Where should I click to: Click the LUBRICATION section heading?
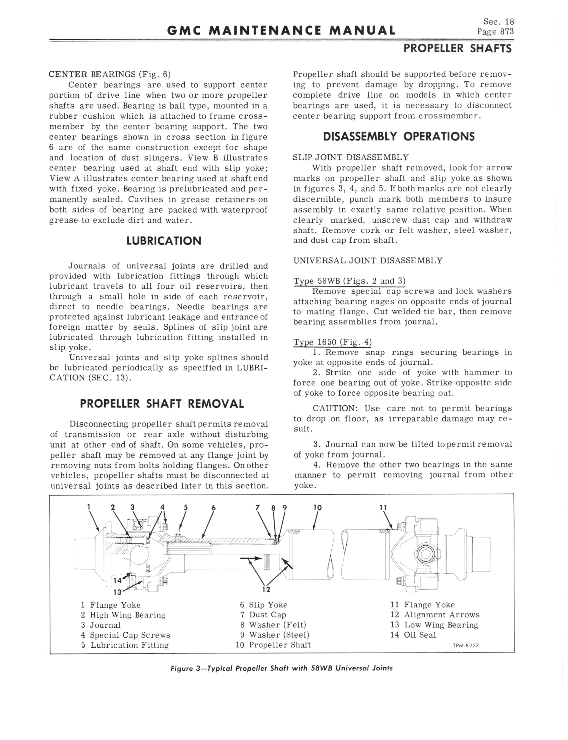(163, 241)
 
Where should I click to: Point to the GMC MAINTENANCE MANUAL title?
(281, 31)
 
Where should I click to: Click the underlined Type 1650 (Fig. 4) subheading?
(332, 342)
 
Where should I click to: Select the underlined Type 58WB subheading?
(349, 281)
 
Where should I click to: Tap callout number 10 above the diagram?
(317, 508)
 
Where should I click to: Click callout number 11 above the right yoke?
(383, 508)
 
